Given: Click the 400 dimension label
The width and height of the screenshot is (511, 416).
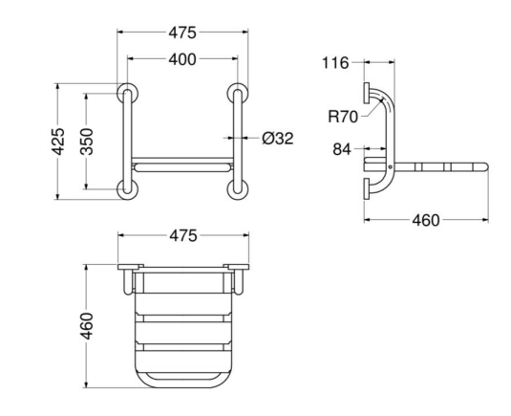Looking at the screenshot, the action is click(182, 59).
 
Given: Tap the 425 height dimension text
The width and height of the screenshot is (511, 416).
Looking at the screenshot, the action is click(58, 142).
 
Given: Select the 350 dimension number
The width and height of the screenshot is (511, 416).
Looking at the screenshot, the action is click(87, 142).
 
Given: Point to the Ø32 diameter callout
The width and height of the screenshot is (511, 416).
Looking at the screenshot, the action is click(278, 139).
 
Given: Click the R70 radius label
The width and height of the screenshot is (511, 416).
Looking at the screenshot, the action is click(343, 117).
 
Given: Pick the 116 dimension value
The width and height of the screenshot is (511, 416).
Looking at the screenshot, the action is click(335, 63).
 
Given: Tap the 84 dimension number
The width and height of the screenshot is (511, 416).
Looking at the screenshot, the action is click(342, 149).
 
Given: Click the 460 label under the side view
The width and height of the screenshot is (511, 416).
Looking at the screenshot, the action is click(426, 221).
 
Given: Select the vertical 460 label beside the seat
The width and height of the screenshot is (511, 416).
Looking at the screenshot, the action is click(87, 326).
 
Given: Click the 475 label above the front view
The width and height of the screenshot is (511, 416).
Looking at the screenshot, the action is click(182, 33).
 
